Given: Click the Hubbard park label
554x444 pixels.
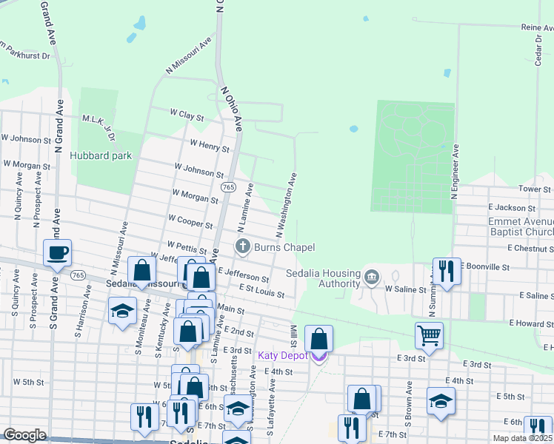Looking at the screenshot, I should tap(101, 155).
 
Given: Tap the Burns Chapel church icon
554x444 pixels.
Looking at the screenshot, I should tap(241, 246).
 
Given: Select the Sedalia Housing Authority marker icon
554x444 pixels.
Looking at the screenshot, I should tap(372, 277).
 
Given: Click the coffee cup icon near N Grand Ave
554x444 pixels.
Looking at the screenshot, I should tap(58, 253).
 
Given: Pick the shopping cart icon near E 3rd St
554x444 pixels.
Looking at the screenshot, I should tap(429, 334).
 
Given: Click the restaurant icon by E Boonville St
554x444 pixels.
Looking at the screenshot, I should tap(445, 272).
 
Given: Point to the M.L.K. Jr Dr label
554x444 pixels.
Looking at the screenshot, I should tap(100, 127).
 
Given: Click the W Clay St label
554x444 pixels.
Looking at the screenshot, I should tap(186, 115).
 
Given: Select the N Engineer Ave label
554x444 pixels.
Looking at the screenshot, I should tap(456, 174).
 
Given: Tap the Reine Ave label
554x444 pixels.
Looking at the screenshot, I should tap(537, 27).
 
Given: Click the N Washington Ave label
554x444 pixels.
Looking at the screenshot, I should tap(287, 205).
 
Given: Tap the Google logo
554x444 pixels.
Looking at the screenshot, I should tap(25, 435).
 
